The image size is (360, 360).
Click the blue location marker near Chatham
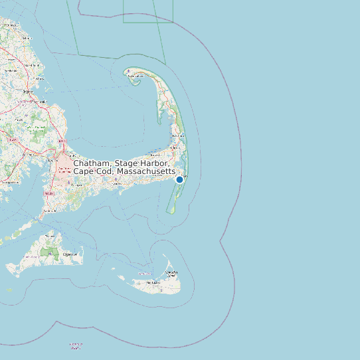(179, 179)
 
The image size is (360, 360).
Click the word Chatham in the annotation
(92, 163)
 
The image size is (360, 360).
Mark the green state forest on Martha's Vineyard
(48, 252)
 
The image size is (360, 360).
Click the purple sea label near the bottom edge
(76, 345)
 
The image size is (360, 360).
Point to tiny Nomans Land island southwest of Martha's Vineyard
(9, 290)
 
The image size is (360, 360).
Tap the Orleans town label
(177, 147)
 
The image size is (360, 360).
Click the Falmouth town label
(48, 211)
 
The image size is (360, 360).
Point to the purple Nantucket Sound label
(144, 273)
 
